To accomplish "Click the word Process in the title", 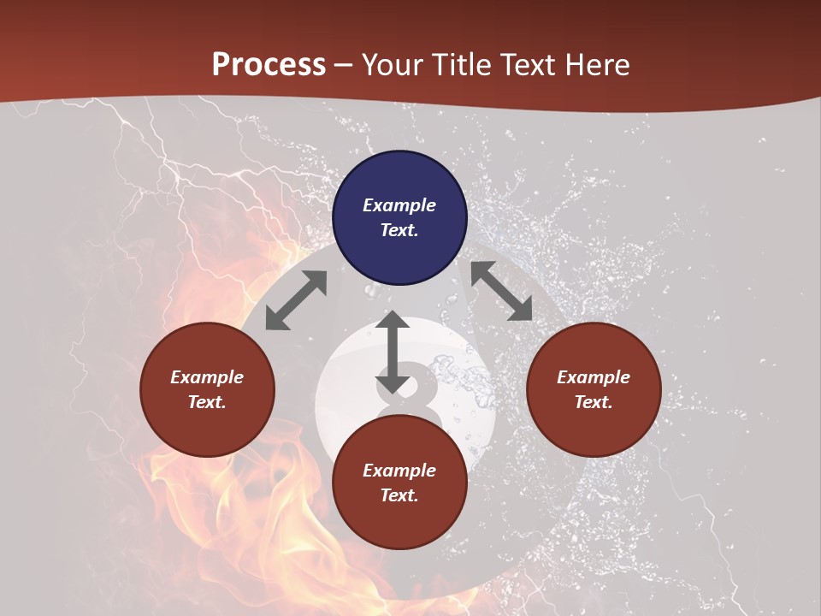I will [269, 64].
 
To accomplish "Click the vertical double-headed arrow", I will [393, 352].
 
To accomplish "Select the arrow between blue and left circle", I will [296, 300].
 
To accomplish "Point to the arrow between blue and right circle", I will [502, 291].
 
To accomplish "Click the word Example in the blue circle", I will [399, 205].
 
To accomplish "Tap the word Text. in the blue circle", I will [399, 230].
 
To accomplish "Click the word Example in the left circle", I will [207, 377].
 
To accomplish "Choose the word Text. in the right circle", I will [594, 402].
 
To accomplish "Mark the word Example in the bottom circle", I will [399, 471].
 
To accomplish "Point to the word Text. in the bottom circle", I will [399, 495].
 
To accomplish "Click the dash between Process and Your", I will [344, 65].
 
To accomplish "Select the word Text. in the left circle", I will [207, 402].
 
